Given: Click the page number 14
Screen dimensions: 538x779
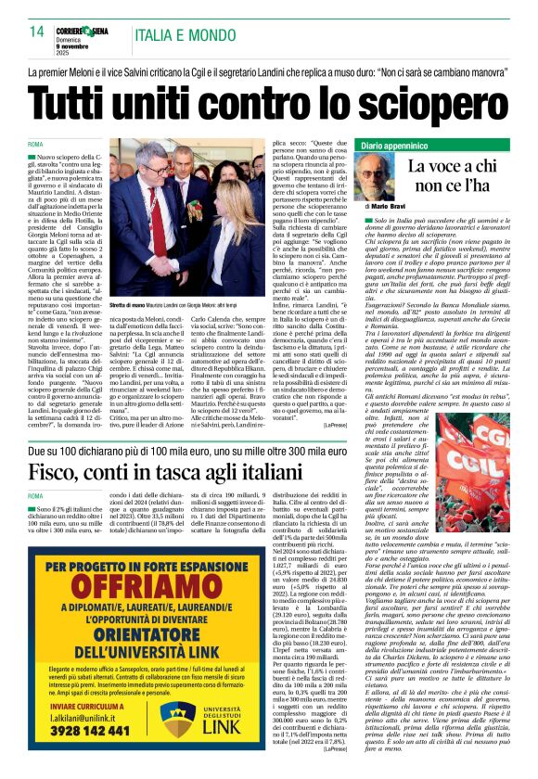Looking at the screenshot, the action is [37, 32].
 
